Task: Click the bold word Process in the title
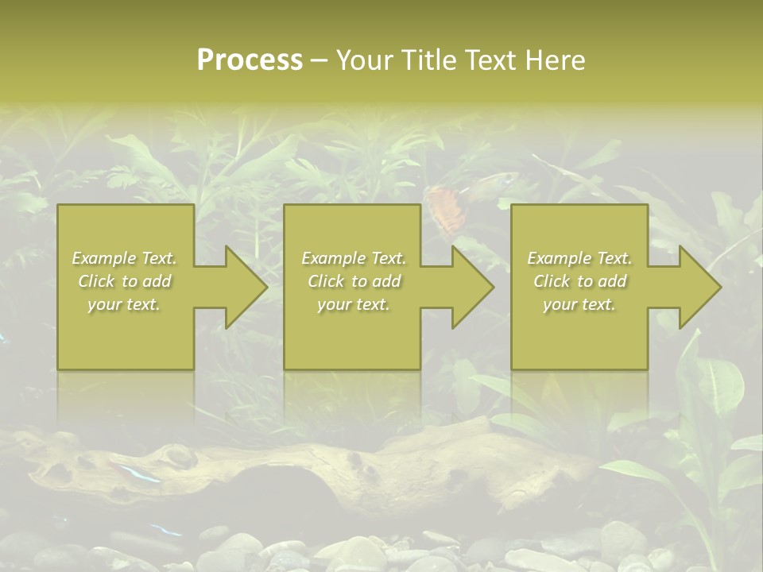[x=250, y=60]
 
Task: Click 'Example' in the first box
[x=104, y=258]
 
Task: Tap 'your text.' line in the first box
[x=124, y=304]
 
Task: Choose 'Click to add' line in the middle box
[x=354, y=281]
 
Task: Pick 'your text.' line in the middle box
[x=354, y=304]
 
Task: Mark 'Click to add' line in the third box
[x=579, y=281]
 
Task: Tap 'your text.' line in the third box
[x=579, y=304]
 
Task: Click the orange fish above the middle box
[x=445, y=208]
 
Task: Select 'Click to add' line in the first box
[x=124, y=281]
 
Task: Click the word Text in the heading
[x=487, y=60]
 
